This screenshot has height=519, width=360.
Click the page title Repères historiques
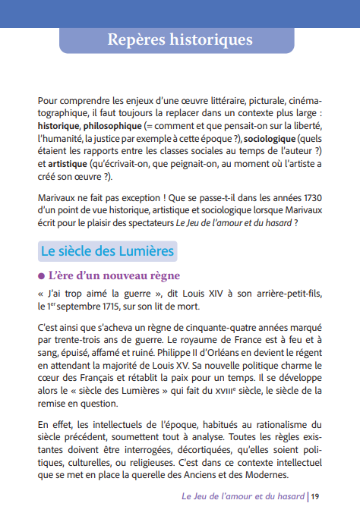click(x=179, y=39)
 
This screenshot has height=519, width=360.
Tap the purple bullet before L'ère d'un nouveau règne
click(x=42, y=275)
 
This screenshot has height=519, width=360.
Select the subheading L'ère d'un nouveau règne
click(x=114, y=275)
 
